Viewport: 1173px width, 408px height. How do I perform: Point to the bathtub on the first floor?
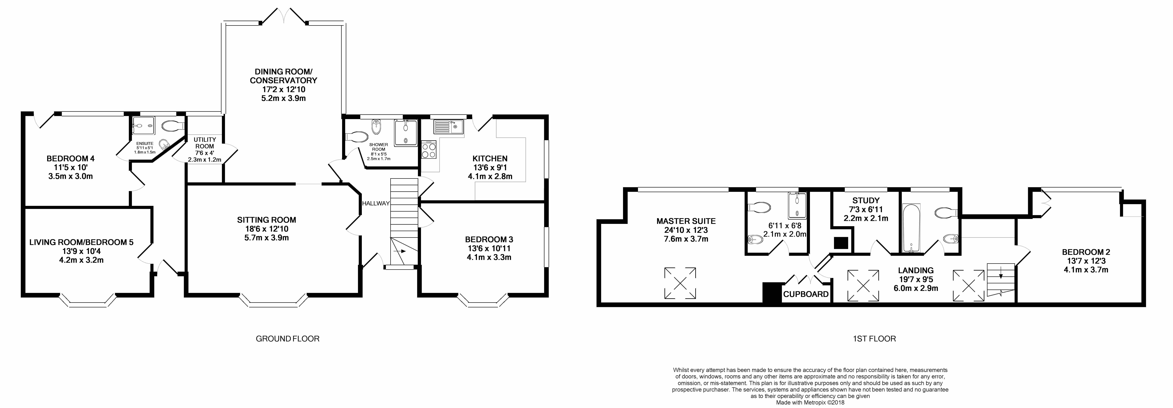tap(911, 228)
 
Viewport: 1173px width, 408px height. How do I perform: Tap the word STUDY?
tap(866, 200)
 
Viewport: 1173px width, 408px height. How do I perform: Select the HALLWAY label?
tap(376, 204)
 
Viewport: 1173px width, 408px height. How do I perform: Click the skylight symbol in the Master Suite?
tap(680, 283)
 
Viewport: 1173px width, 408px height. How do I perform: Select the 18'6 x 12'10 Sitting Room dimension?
tap(266, 229)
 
